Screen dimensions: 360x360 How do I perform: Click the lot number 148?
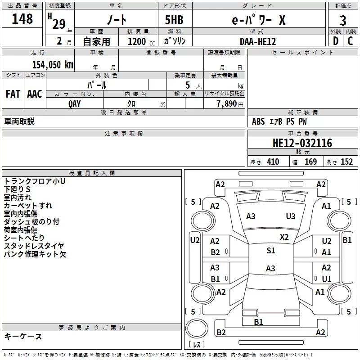pyautogui.click(x=22, y=19)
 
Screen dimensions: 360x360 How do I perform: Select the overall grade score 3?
pyautogui.click(x=343, y=21)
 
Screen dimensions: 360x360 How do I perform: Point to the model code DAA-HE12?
pyautogui.click(x=257, y=41)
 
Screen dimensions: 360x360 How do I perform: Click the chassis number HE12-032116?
pyautogui.click(x=302, y=144)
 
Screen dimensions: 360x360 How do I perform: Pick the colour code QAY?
pyautogui.click(x=75, y=103)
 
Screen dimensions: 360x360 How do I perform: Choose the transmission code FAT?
pyautogui.click(x=13, y=94)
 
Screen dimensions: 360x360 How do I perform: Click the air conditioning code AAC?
pyautogui.click(x=35, y=94)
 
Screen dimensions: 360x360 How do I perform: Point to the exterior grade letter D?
pyautogui.click(x=335, y=41)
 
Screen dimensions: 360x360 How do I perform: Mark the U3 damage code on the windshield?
pyautogui.click(x=291, y=216)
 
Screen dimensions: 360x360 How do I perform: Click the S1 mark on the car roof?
pyautogui.click(x=270, y=251)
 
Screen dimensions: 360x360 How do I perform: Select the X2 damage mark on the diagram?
pyautogui.click(x=284, y=237)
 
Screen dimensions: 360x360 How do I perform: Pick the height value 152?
pyautogui.click(x=346, y=162)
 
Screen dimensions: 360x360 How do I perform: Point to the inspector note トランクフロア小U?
pyautogui.click(x=35, y=181)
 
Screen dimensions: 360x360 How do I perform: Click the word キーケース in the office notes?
pyautogui.click(x=23, y=336)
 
